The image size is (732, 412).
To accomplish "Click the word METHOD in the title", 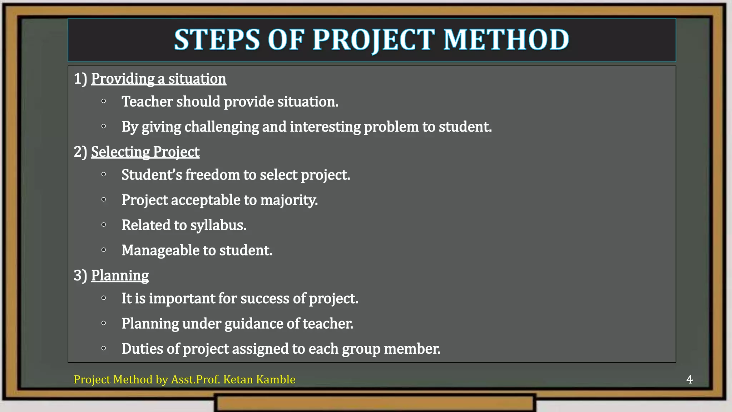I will [x=506, y=40].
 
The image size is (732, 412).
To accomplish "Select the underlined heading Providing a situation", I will [x=158, y=79].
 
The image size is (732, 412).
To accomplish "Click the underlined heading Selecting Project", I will [x=145, y=152].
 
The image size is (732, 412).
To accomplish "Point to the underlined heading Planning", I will [x=120, y=275].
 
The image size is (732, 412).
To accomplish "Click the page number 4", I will [x=689, y=379].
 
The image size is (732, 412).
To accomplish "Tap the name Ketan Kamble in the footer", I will [x=259, y=379].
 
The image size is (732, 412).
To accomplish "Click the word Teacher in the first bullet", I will [x=147, y=102].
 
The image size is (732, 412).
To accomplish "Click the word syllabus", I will [x=218, y=225].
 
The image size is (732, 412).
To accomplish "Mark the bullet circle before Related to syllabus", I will [x=104, y=225].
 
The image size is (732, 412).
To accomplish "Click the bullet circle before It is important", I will [x=104, y=298].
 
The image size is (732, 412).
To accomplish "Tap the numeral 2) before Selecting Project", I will [x=80, y=152].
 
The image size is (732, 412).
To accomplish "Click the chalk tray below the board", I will [x=375, y=403].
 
